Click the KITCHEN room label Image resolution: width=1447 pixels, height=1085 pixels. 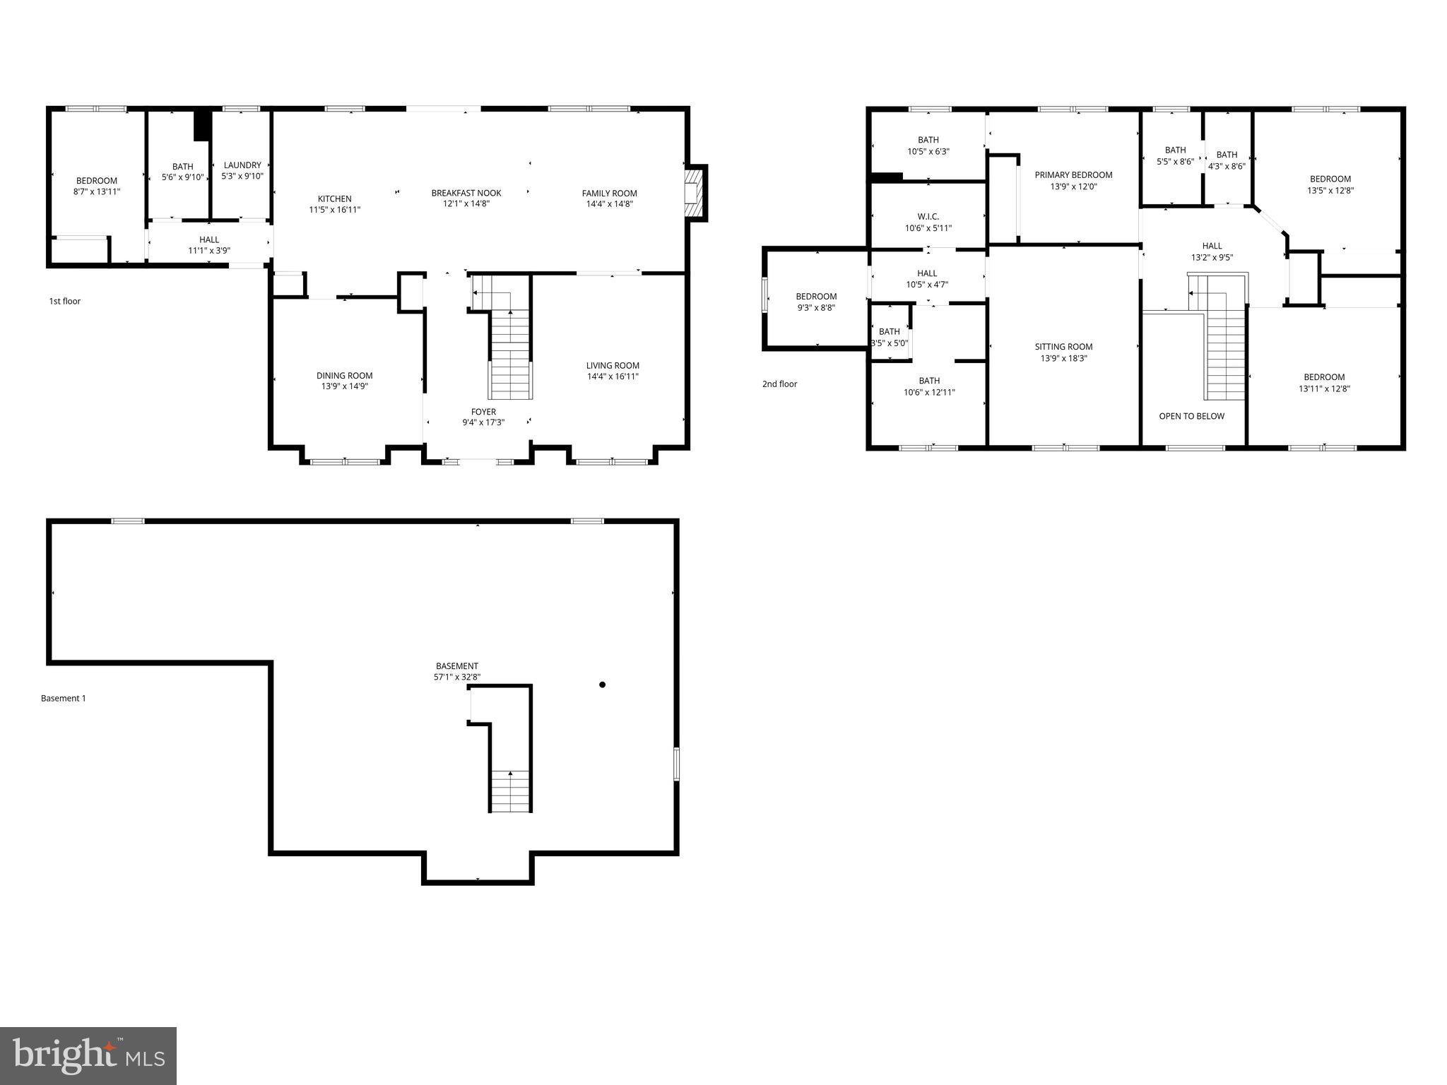334,199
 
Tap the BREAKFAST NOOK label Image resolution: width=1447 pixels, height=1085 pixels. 466,194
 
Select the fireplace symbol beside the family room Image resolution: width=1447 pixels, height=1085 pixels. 695,194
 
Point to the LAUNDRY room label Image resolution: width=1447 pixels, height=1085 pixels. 242,165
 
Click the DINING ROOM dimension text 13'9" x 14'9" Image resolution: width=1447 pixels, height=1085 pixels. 345,386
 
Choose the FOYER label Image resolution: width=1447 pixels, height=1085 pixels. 483,412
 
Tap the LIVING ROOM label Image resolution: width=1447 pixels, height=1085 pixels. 613,366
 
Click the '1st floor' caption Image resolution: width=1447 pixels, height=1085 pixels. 64,302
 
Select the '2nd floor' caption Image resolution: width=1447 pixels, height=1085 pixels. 779,384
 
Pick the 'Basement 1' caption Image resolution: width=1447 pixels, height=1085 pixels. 64,699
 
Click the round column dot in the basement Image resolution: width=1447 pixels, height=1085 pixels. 602,684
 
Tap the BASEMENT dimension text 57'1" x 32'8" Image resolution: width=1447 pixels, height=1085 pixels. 457,677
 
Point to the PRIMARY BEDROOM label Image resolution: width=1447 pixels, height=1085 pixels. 1073,175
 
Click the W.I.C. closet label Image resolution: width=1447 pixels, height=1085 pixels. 928,217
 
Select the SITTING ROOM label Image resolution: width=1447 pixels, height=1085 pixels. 1063,347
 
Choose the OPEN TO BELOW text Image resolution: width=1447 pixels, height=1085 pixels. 1191,416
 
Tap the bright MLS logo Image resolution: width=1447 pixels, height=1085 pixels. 88,1055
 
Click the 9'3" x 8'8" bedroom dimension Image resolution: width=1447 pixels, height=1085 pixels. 816,308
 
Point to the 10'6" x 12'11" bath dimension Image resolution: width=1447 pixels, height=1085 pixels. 929,392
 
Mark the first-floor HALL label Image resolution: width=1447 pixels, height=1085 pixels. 209,240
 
